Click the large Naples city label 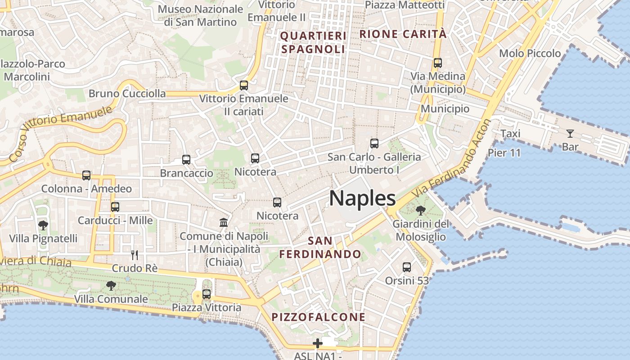point(362,198)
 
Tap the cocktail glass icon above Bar point(570,133)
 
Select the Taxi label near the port point(510,134)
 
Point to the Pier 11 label point(504,153)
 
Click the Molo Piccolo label point(530,54)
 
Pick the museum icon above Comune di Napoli point(224,222)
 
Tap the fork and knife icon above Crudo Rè point(134,255)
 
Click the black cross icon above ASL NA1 point(318,344)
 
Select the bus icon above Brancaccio point(186,160)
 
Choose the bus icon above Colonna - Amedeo point(86,175)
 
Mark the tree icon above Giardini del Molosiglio point(421,210)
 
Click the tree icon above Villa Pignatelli point(43,225)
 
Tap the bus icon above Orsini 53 point(407,267)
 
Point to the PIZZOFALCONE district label point(318,317)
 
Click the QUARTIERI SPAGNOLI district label point(313,42)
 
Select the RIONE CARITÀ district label point(403,34)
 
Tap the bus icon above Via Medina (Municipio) point(438,63)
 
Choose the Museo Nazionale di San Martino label point(200,15)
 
